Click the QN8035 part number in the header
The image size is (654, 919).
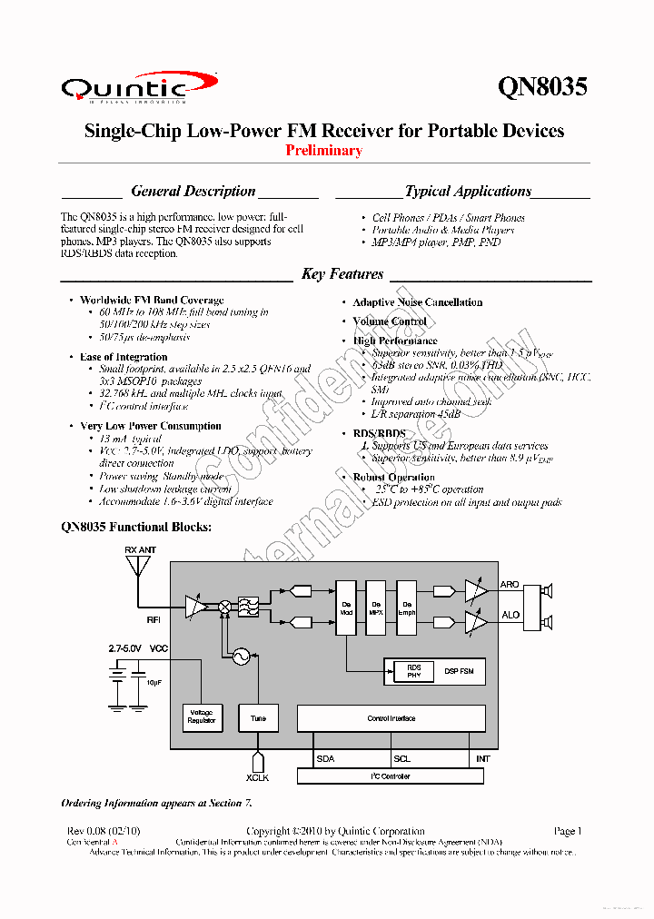(x=542, y=86)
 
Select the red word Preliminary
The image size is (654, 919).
(x=324, y=151)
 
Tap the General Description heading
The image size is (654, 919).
(x=193, y=192)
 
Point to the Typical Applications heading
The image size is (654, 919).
(x=468, y=192)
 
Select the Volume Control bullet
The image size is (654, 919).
(x=390, y=321)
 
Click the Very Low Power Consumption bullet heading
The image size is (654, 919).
(x=150, y=426)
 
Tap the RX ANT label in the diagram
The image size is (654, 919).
(x=140, y=549)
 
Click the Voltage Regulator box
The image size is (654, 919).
(x=201, y=717)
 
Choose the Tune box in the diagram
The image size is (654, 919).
(x=258, y=717)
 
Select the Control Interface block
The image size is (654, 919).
(x=391, y=718)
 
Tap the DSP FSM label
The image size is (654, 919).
(x=458, y=671)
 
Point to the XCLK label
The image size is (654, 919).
(x=258, y=777)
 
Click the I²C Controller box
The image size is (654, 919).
(x=391, y=776)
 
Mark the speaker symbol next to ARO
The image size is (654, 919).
(x=546, y=592)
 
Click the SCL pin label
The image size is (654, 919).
(x=401, y=758)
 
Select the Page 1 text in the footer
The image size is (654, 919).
(x=567, y=831)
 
